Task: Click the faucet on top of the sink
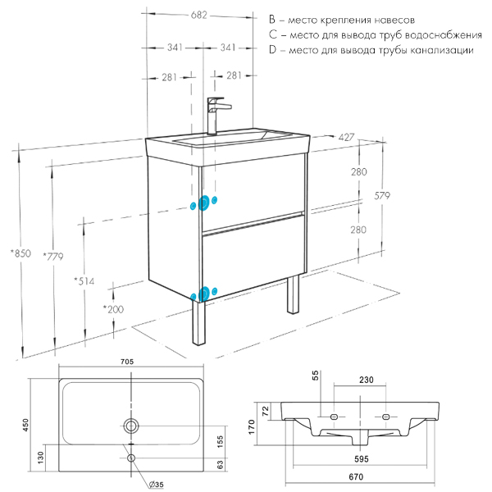(x=216, y=114)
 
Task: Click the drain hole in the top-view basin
(x=130, y=425)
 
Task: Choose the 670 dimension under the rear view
(x=355, y=477)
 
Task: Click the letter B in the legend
(x=272, y=18)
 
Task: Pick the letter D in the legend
(x=272, y=50)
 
